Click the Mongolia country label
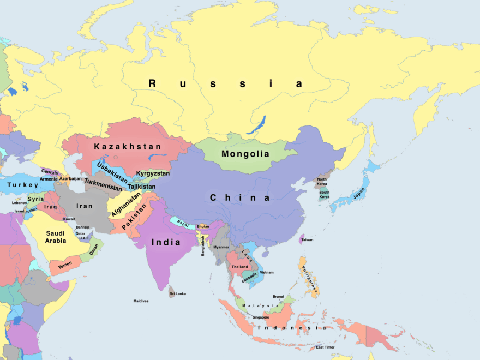coord(245,154)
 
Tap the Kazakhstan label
coord(128,147)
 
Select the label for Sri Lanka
coord(178,293)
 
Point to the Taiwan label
coord(308,239)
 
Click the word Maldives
coord(141,301)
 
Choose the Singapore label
coord(261,317)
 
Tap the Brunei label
coord(278,296)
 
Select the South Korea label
coord(325,195)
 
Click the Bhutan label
coord(203,226)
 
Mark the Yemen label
coord(65,265)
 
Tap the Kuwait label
coord(69,219)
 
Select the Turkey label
coord(23,185)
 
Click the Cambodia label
coord(249,274)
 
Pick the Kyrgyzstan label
coord(153,173)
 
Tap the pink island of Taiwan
coord(301,239)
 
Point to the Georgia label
coord(50,172)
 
